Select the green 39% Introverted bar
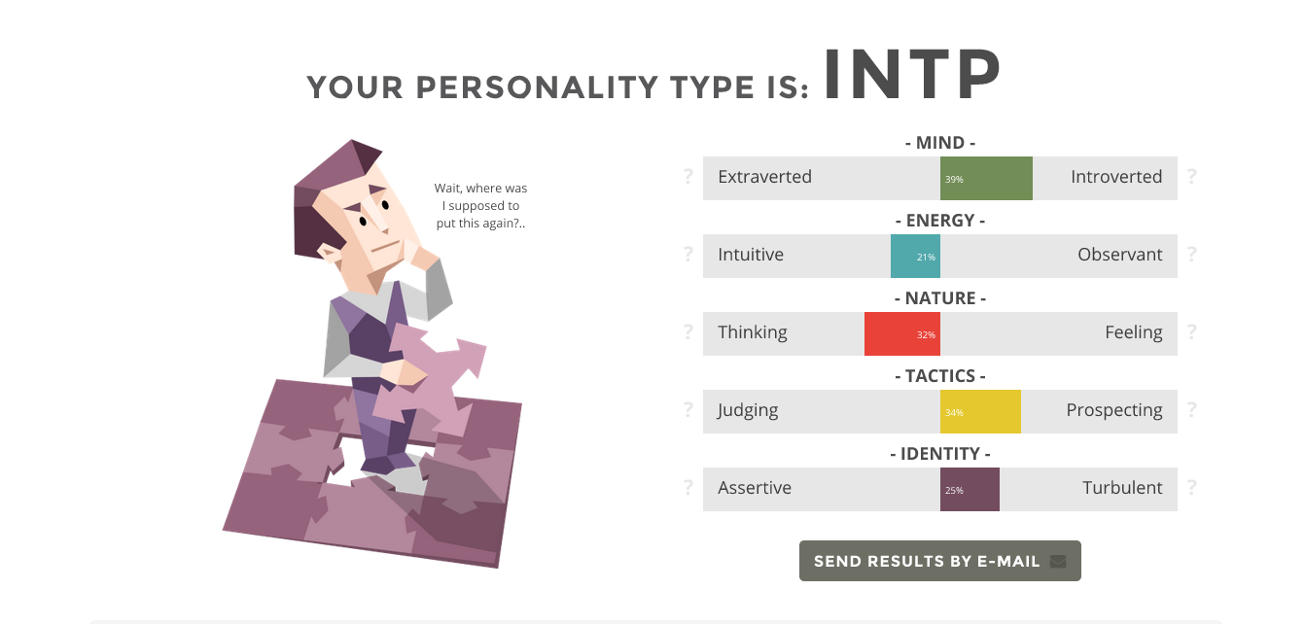(986, 178)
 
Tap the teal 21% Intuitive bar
(915, 257)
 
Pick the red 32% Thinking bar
(902, 333)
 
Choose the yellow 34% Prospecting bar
(980, 411)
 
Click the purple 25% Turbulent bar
(970, 490)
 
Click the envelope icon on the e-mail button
(1058, 561)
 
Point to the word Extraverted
(764, 177)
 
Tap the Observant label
(1119, 255)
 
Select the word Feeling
(1134, 332)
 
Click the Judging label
(748, 410)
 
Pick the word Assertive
(755, 488)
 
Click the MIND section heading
(940, 143)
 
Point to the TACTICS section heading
(940, 376)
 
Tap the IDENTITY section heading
(940, 454)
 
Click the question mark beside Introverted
(1192, 176)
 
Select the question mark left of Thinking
(688, 331)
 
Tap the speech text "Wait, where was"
(480, 188)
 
